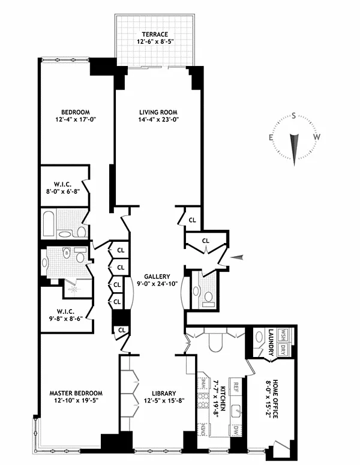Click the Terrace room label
(x=155, y=34)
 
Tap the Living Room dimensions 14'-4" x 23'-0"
(x=158, y=120)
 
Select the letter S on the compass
(x=293, y=116)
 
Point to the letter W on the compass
(x=317, y=137)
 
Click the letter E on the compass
(x=271, y=137)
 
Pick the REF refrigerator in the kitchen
(x=236, y=387)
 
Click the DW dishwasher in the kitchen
(x=236, y=431)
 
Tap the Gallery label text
(x=157, y=277)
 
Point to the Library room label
(x=164, y=394)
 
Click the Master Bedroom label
(x=76, y=393)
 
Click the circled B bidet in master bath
(x=67, y=254)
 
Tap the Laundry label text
(x=271, y=342)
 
